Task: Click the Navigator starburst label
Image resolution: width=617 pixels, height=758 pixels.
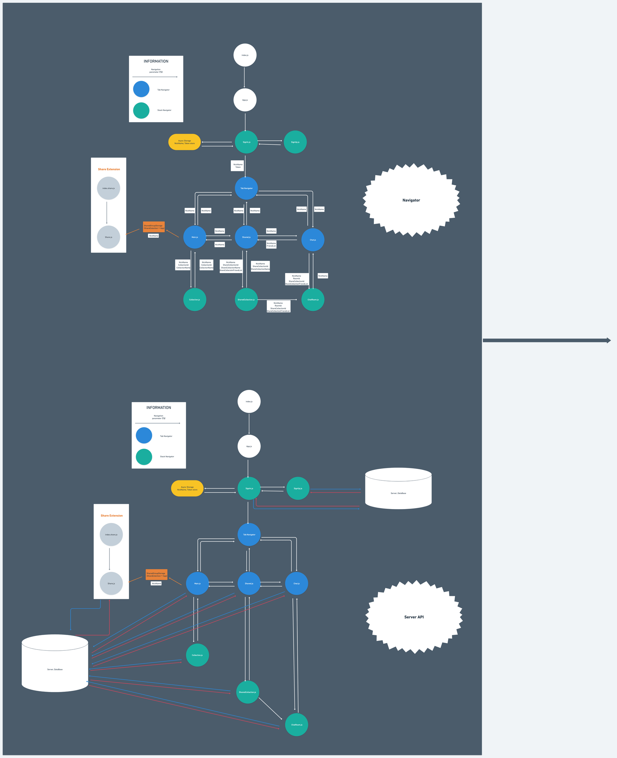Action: (411, 200)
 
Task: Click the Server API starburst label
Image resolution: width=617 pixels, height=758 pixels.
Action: (414, 617)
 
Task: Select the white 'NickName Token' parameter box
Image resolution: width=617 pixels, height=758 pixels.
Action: (238, 166)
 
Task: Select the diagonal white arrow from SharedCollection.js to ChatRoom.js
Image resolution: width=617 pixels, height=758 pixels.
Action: (270, 708)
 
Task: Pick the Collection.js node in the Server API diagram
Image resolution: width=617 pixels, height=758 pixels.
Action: (197, 655)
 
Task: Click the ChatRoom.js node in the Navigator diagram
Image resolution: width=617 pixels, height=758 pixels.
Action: (313, 300)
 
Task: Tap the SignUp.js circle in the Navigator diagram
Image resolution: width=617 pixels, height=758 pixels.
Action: (295, 142)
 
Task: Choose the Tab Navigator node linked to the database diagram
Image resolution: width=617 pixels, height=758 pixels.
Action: (249, 534)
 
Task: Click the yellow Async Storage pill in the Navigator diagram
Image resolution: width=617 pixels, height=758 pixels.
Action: (184, 142)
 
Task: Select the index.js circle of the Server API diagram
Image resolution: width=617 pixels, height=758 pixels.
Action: (249, 401)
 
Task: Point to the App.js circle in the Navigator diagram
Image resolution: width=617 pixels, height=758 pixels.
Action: (245, 100)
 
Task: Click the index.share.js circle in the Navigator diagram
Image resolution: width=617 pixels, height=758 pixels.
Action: (108, 188)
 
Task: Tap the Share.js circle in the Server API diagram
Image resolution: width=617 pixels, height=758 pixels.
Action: (111, 583)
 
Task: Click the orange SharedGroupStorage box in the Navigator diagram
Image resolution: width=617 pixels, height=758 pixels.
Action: (154, 227)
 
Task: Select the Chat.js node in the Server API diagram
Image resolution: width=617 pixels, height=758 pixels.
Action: (296, 583)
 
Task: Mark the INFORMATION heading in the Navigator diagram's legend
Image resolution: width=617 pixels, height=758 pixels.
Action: (156, 61)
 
